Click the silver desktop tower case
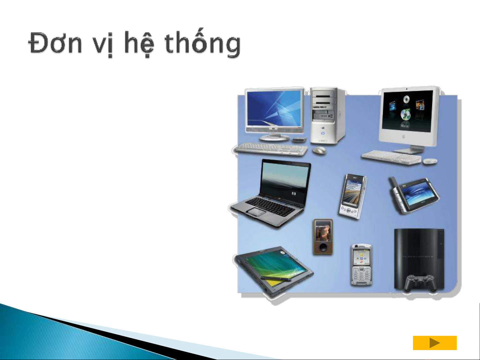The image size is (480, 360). (x=327, y=116)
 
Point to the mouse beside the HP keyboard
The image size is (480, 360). (x=319, y=151)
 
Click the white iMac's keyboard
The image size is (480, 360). (x=391, y=157)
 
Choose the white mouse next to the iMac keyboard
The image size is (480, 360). (x=430, y=162)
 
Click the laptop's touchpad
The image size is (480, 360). (x=256, y=211)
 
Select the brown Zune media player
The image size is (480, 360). (x=323, y=237)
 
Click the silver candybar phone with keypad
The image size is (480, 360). (x=361, y=265)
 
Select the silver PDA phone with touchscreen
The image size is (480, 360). (x=352, y=196)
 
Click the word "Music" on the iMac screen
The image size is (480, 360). (x=405, y=126)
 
